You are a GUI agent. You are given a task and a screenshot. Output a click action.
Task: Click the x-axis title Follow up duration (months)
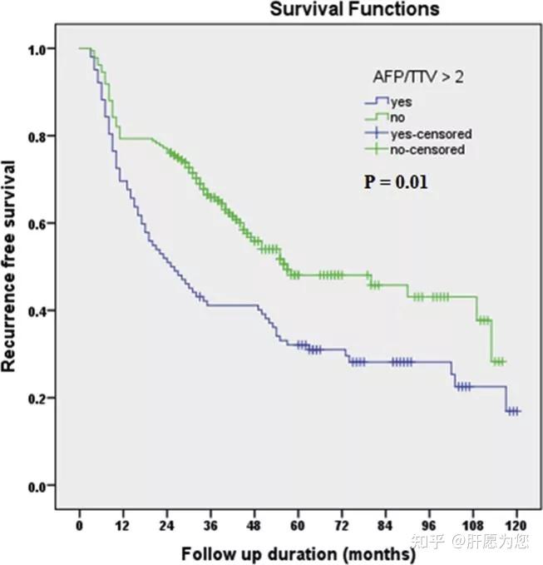tap(298, 553)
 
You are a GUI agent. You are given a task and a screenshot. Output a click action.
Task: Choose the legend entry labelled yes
tap(400, 102)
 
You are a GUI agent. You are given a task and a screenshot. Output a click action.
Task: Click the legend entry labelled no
tap(398, 118)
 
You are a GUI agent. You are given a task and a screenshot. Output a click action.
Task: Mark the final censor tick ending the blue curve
tap(517, 411)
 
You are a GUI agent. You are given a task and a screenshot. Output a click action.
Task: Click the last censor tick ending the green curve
tap(503, 361)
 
